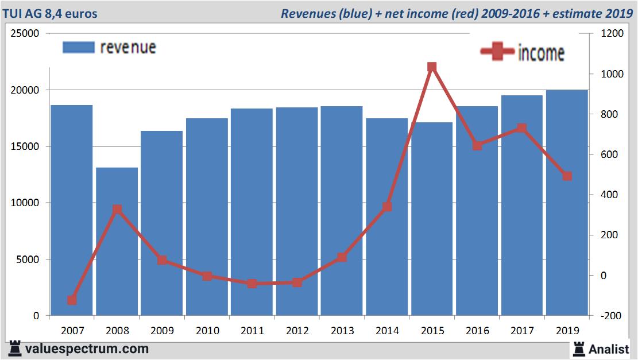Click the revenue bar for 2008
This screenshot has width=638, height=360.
coord(117,241)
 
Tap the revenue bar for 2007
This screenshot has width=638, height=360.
coord(72,210)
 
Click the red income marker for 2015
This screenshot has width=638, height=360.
coord(432,67)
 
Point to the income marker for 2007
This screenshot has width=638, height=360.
coord(72,300)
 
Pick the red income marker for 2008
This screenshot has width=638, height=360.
coord(117,210)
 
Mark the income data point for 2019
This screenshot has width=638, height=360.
coord(567,176)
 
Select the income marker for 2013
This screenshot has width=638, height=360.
coord(342,257)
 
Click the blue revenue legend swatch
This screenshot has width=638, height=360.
coord(78,48)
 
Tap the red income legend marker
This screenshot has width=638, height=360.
coord(497,52)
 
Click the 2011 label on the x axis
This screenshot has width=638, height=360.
coord(252,331)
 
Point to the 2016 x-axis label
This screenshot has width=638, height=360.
coord(477,331)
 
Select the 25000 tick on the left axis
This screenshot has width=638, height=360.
coord(25,33)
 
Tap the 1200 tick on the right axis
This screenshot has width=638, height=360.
coord(610,33)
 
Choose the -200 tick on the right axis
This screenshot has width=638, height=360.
coord(610,316)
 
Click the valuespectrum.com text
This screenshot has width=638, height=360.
coord(87,349)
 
